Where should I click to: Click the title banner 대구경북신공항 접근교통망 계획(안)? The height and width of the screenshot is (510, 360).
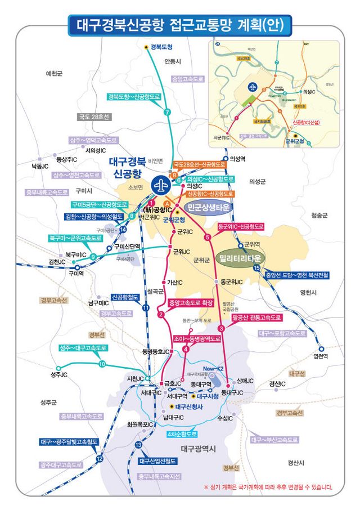coord(180,24)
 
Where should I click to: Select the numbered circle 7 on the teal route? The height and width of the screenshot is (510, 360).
coord(166,112)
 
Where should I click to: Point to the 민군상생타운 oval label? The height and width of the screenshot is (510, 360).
coord(208,207)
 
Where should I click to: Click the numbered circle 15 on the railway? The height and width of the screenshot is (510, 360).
coord(257,268)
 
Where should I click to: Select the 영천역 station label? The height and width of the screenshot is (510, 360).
coord(320,356)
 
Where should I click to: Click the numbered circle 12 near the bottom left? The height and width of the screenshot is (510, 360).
coord(100,459)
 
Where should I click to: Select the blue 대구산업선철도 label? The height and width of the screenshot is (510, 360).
coord(157,460)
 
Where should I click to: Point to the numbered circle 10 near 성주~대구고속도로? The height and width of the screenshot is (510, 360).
coord(102,364)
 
